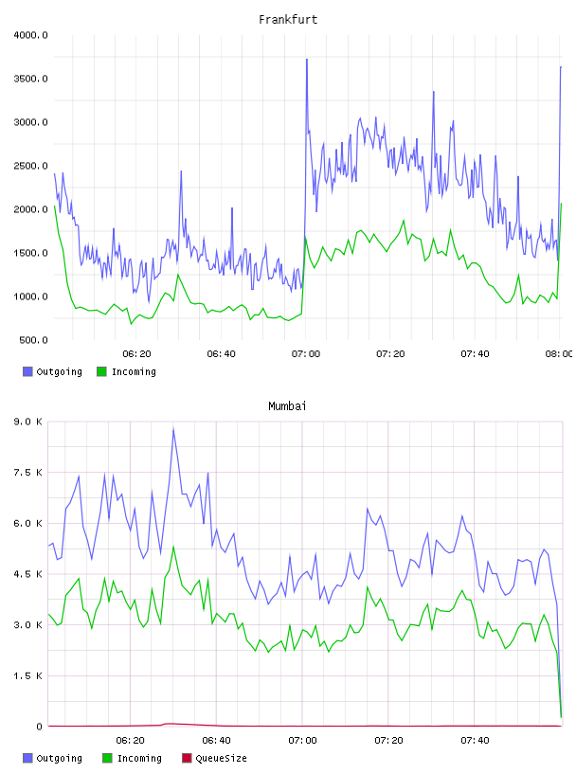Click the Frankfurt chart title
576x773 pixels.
288,20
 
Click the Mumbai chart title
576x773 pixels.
287,406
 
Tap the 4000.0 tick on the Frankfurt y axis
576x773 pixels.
30,35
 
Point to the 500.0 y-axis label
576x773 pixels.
33,340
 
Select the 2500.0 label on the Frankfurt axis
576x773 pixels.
30,166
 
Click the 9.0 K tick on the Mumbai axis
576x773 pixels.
28,422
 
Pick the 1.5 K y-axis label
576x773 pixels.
28,675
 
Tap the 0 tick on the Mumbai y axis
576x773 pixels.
40,727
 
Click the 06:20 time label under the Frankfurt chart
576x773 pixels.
136,354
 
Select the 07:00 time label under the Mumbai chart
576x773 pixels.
302,741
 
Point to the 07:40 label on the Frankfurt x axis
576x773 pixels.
475,354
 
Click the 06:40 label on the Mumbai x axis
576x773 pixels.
217,741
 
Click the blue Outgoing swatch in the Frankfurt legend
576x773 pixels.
27,371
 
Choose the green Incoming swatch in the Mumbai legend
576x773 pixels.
107,758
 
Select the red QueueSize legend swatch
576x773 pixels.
187,758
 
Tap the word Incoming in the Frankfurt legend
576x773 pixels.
134,372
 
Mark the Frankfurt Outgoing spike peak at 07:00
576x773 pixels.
307,60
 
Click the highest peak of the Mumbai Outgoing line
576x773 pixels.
173,428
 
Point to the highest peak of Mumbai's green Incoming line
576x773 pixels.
173,547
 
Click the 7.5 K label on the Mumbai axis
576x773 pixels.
28,473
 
